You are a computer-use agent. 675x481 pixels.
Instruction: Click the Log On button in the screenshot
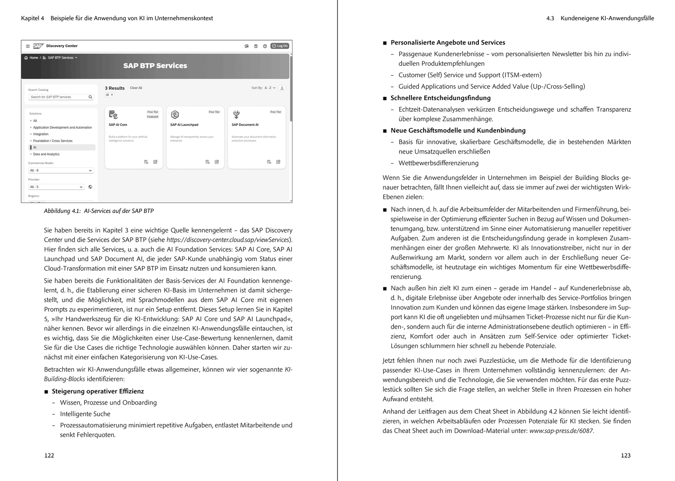point(280,46)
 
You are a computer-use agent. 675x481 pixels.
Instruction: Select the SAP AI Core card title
point(118,125)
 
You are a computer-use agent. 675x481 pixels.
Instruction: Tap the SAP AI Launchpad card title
point(184,125)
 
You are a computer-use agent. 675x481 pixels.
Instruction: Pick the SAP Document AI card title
point(245,125)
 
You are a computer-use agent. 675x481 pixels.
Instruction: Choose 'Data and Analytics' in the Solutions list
point(46,154)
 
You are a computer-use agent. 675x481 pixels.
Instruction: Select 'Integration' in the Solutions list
point(41,134)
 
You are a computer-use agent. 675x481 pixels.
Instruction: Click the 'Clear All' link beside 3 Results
point(136,88)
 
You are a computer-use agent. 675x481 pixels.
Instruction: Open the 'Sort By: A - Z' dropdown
point(264,88)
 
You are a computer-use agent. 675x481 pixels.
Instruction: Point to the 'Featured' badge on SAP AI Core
point(153,117)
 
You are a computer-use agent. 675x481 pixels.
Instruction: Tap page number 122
point(49,456)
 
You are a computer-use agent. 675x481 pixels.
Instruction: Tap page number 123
point(626,456)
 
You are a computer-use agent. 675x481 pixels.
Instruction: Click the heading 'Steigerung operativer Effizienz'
point(98,392)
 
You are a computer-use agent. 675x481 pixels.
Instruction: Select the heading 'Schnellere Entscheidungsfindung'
point(440,98)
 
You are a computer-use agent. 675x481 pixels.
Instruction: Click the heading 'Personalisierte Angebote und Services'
point(448,43)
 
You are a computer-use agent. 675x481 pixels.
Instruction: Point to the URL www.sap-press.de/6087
point(561,431)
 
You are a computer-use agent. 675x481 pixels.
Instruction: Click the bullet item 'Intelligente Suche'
point(85,414)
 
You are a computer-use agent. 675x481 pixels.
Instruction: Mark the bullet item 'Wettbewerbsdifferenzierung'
point(438,163)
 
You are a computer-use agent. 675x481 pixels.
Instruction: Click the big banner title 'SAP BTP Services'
point(155,66)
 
